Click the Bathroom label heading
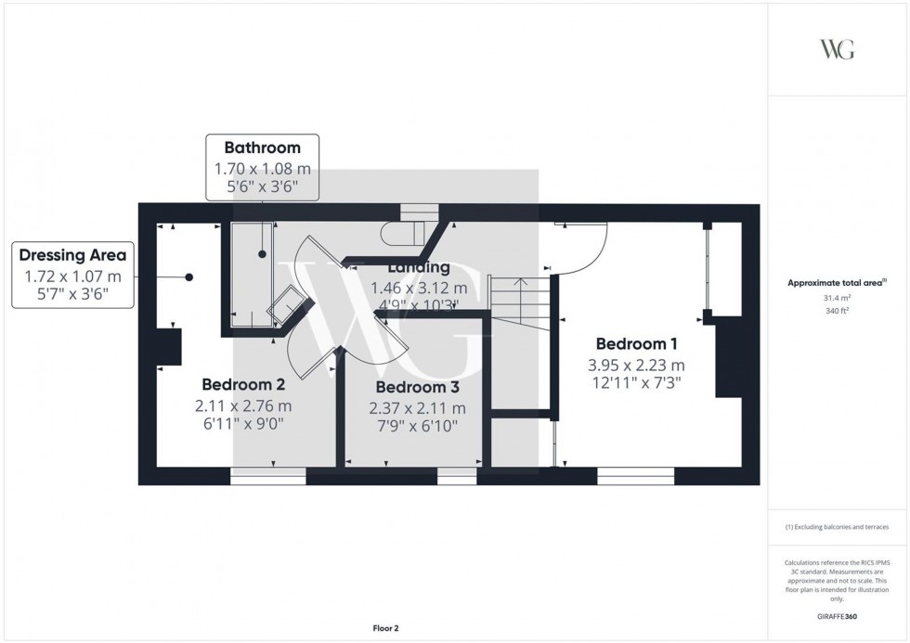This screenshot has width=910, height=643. pyautogui.click(x=263, y=148)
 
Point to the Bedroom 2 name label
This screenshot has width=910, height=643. pyautogui.click(x=243, y=384)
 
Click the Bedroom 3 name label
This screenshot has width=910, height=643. pyautogui.click(x=417, y=387)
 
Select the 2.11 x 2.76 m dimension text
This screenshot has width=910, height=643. pyautogui.click(x=243, y=405)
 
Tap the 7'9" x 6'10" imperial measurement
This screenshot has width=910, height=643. pyautogui.click(x=417, y=426)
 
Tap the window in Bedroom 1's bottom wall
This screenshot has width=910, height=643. pyautogui.click(x=635, y=477)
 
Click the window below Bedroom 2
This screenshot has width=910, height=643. pyautogui.click(x=268, y=477)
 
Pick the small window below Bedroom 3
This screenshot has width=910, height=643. pyautogui.click(x=456, y=477)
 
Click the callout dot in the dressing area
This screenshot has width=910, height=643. pyautogui.click(x=189, y=276)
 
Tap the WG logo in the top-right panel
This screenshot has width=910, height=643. pyautogui.click(x=838, y=50)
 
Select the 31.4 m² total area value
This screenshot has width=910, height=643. pyautogui.click(x=838, y=298)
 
